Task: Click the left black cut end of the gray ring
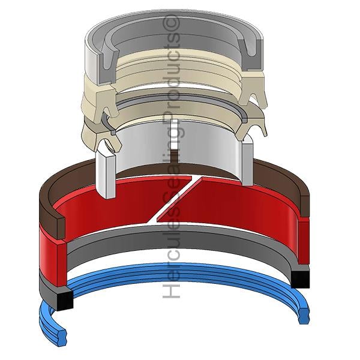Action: coord(65,300)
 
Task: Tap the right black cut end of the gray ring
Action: coord(300,279)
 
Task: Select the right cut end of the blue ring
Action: coord(304,314)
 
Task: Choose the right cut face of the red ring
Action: coord(304,241)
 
